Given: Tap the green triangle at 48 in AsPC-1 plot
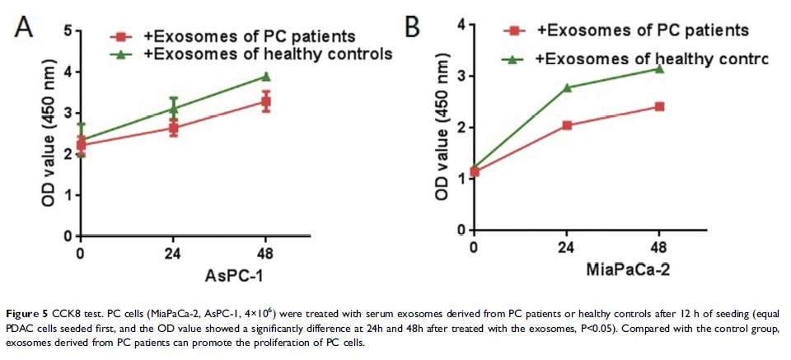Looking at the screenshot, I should coord(266,77).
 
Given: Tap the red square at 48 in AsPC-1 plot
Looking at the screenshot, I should coord(266,102).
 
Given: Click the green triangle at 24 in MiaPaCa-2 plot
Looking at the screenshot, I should coord(567,86).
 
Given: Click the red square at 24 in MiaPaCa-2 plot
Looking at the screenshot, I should coord(567,125).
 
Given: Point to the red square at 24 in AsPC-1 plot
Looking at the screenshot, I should coord(173,128).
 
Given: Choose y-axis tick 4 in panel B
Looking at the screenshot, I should coord(462,25).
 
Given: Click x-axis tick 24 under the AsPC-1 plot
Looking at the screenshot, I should coord(173,252).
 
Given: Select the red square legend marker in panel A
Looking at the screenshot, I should coord(122,37).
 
